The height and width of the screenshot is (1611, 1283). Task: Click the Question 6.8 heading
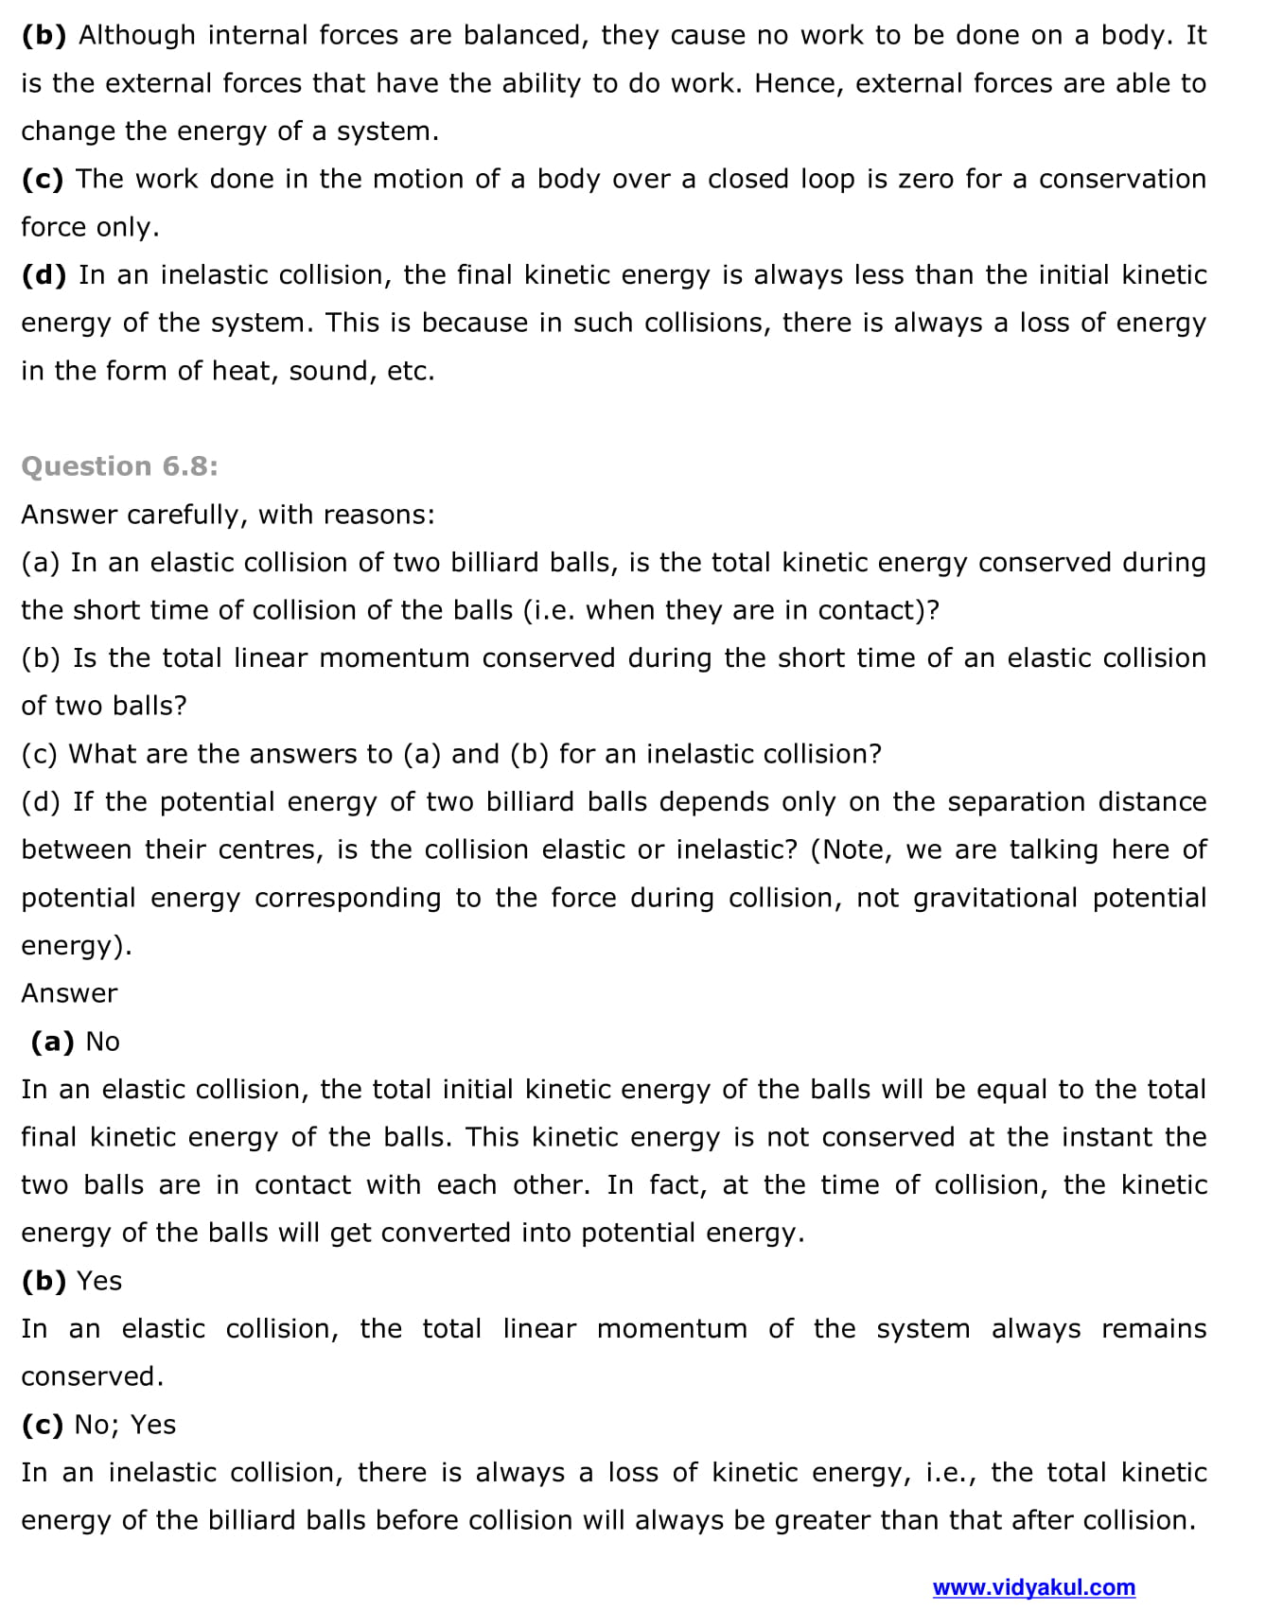point(119,466)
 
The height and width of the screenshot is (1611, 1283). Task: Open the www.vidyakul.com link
point(1033,1587)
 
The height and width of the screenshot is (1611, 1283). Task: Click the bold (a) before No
point(52,1042)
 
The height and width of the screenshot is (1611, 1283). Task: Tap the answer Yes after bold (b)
point(99,1281)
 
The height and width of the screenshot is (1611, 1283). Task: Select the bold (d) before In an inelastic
point(44,275)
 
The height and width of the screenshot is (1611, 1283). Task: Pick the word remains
point(1153,1328)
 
